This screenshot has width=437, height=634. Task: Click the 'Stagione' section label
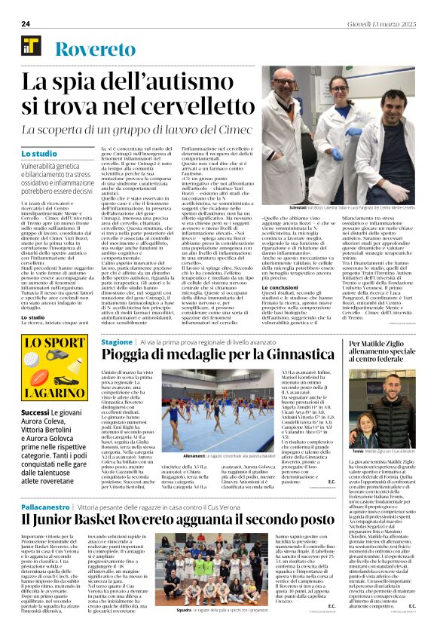click(x=117, y=341)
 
